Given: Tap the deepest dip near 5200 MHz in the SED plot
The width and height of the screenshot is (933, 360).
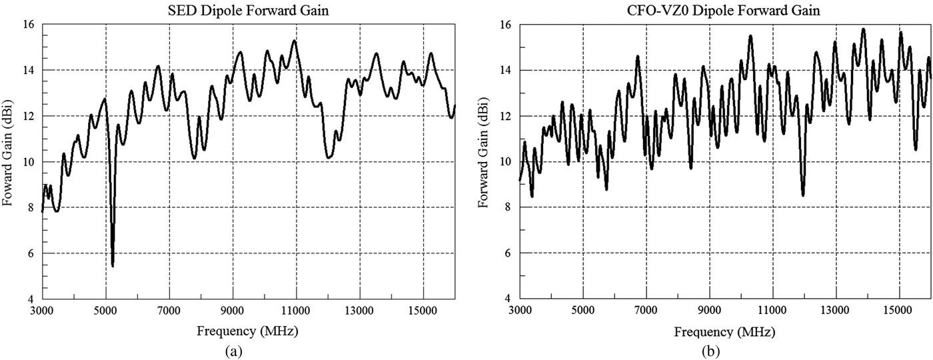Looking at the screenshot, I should [x=113, y=265].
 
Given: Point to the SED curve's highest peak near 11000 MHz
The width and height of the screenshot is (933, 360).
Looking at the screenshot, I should [x=294, y=41].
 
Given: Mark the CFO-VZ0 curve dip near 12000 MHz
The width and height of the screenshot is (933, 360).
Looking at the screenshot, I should [x=803, y=195].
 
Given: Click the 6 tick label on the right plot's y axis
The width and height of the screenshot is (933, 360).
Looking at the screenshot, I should [x=508, y=253].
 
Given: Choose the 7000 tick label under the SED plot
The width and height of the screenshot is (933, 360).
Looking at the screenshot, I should [x=169, y=310].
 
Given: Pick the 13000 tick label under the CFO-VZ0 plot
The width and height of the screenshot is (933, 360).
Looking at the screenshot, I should [x=836, y=310].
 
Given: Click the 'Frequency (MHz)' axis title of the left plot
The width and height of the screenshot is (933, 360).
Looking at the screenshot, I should [x=248, y=331].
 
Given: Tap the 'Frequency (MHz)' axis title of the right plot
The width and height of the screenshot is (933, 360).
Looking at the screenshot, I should [x=725, y=331].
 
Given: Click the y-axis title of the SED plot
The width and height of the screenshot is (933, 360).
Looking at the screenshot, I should [x=9, y=161].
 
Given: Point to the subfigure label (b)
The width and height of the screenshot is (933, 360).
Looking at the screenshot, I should [x=725, y=350].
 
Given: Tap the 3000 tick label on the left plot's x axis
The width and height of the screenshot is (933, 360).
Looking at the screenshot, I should [x=42, y=310].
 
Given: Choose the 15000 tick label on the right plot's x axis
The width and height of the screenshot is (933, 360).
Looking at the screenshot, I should [x=900, y=310].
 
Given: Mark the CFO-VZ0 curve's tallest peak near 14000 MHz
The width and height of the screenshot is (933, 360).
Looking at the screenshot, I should [x=863, y=29].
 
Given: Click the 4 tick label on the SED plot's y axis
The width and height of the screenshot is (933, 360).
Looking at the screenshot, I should [x=31, y=299].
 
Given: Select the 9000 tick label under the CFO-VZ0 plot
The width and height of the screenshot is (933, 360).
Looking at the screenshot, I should [x=710, y=310].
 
